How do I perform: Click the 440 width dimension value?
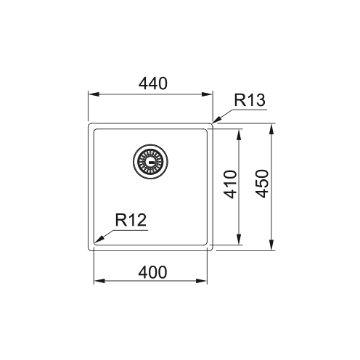152,83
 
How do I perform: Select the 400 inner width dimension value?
152,272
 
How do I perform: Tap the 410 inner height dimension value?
230,184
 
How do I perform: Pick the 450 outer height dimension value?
262,184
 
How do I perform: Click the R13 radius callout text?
250,100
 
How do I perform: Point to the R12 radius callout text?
131,220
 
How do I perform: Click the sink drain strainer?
150,161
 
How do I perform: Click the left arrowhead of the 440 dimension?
94,94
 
